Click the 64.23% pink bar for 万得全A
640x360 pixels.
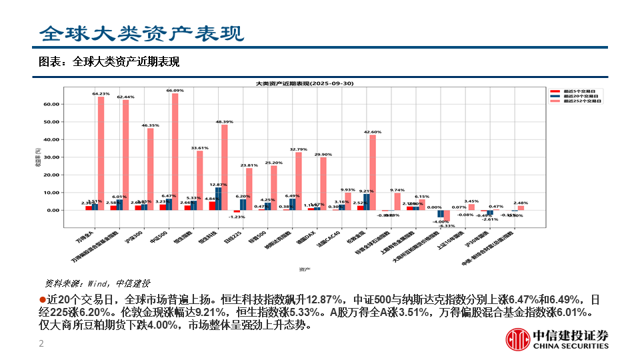click(x=101, y=153)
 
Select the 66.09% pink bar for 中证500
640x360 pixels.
click(x=175, y=151)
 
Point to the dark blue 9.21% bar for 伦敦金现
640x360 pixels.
click(x=366, y=202)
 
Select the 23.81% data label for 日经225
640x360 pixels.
click(x=249, y=165)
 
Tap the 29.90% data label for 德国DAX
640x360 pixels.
click(x=323, y=154)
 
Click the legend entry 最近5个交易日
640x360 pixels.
click(x=579, y=91)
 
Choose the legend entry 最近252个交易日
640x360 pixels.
click(x=580, y=101)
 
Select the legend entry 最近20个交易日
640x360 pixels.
click(x=580, y=96)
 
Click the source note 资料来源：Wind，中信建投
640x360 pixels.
click(x=97, y=283)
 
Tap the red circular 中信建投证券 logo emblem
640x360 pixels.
click(x=517, y=340)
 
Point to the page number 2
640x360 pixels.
click(x=41, y=344)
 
